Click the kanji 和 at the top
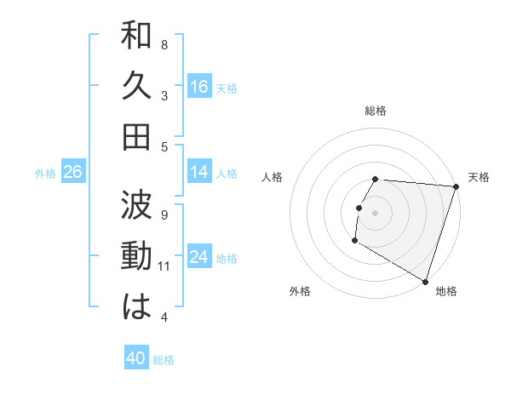[136, 38]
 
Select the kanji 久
[136, 86]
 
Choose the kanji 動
[136, 256]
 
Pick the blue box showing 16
[199, 86]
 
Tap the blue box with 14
[199, 172]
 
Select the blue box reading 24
[199, 257]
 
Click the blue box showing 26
[73, 172]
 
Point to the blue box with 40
[136, 358]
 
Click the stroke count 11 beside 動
[164, 266]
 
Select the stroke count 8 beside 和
[164, 44]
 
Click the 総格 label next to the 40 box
[164, 360]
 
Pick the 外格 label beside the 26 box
[45, 174]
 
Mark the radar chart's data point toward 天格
[456, 187]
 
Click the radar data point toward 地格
[423, 280]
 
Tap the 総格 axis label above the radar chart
[376, 111]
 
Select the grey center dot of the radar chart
[376, 212]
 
